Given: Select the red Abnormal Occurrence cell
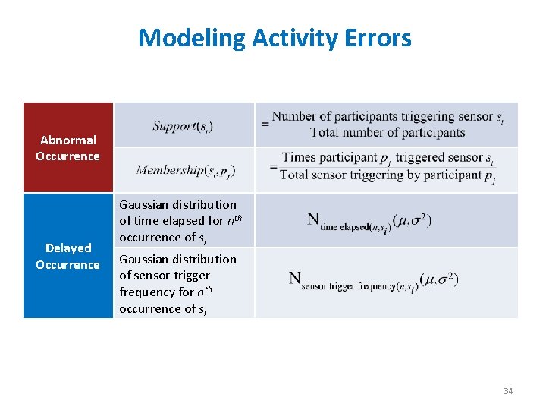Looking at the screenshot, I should (x=67, y=147).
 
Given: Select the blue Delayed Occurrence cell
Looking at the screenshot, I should (x=67, y=256).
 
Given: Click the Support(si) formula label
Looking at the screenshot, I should (x=182, y=125).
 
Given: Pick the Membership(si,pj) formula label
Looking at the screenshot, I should (x=186, y=170).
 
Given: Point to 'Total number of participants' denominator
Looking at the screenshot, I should (x=387, y=133).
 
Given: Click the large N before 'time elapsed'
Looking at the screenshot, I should (x=312, y=219).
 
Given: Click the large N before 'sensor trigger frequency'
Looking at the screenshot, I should (x=294, y=278).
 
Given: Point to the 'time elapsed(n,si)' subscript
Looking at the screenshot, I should (x=355, y=226).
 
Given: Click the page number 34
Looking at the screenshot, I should (x=507, y=391).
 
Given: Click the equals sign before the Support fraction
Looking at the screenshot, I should (x=265, y=124).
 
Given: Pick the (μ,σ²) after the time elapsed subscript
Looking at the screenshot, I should (x=413, y=220).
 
